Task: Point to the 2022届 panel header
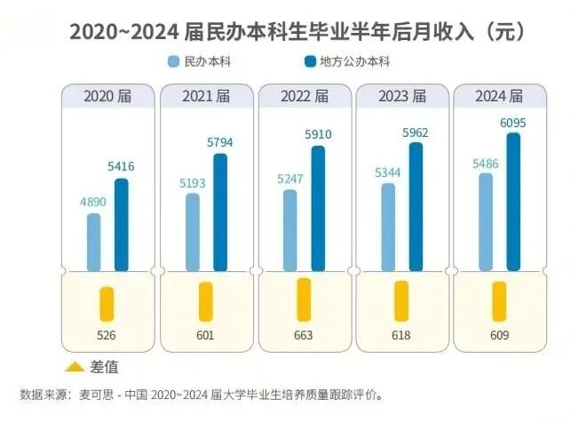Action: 304,95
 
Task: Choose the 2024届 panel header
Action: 500,95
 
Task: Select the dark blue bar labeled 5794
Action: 220,211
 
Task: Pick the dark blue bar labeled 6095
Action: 513,200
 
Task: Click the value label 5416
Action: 122,166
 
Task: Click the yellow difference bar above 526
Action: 107,303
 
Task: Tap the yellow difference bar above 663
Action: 304,299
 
